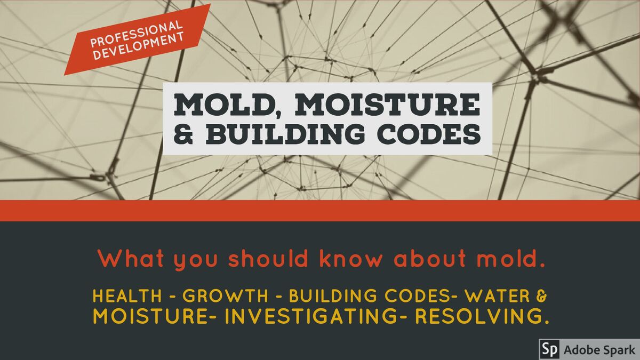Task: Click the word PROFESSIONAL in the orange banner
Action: point(137,34)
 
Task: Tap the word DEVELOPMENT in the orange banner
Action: point(138,46)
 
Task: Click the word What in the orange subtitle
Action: point(131,259)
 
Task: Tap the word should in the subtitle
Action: point(268,259)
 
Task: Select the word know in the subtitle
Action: point(350,259)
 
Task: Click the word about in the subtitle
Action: point(430,259)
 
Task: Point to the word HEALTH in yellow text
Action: point(127,295)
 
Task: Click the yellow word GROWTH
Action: point(225,295)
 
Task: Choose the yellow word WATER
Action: point(498,295)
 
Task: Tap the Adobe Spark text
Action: point(599,350)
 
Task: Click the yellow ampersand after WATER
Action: point(541,296)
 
